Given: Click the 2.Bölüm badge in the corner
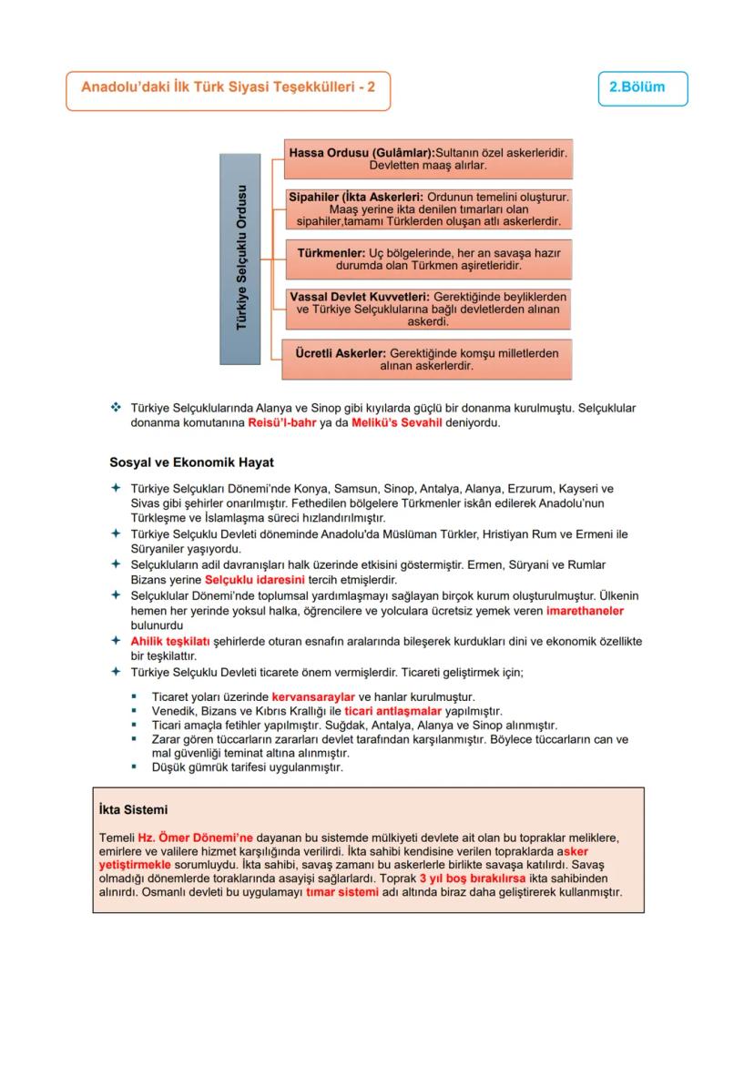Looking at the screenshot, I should click(x=643, y=88).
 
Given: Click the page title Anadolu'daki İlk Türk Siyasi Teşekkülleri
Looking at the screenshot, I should click(x=228, y=88).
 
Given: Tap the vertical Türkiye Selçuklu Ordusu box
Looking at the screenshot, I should click(x=241, y=259).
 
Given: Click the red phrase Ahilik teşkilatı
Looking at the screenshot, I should click(x=170, y=641).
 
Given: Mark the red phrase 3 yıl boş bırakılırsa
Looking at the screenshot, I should click(x=473, y=878).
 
